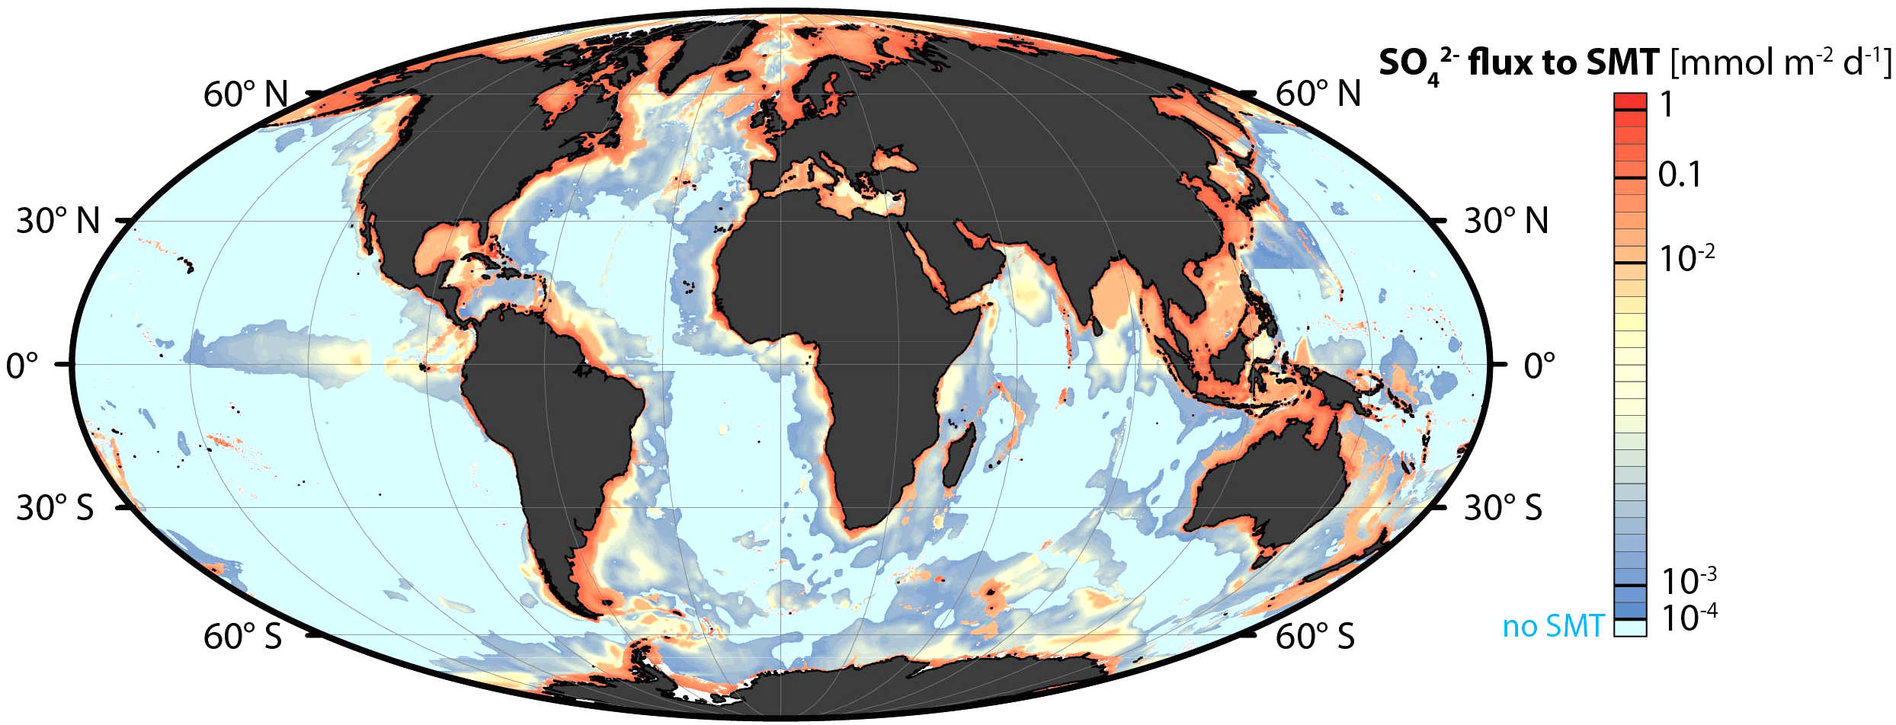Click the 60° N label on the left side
pos(245,95)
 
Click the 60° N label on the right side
pos(1318,95)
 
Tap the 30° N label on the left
pos(59,222)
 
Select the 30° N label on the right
pos(1506,222)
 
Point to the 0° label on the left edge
pos(22,366)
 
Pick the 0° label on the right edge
pos(1539,366)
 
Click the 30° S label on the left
pos(55,508)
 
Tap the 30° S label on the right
pos(1503,508)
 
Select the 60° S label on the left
pos(242,637)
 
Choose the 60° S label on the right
pos(1315,637)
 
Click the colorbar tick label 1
pos(1667,105)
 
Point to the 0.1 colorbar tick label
pos(1680,176)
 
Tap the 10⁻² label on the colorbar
pos(1686,259)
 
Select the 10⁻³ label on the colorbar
pos(1688,582)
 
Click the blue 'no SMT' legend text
pos(1552,627)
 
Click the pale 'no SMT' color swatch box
pos(1630,628)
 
